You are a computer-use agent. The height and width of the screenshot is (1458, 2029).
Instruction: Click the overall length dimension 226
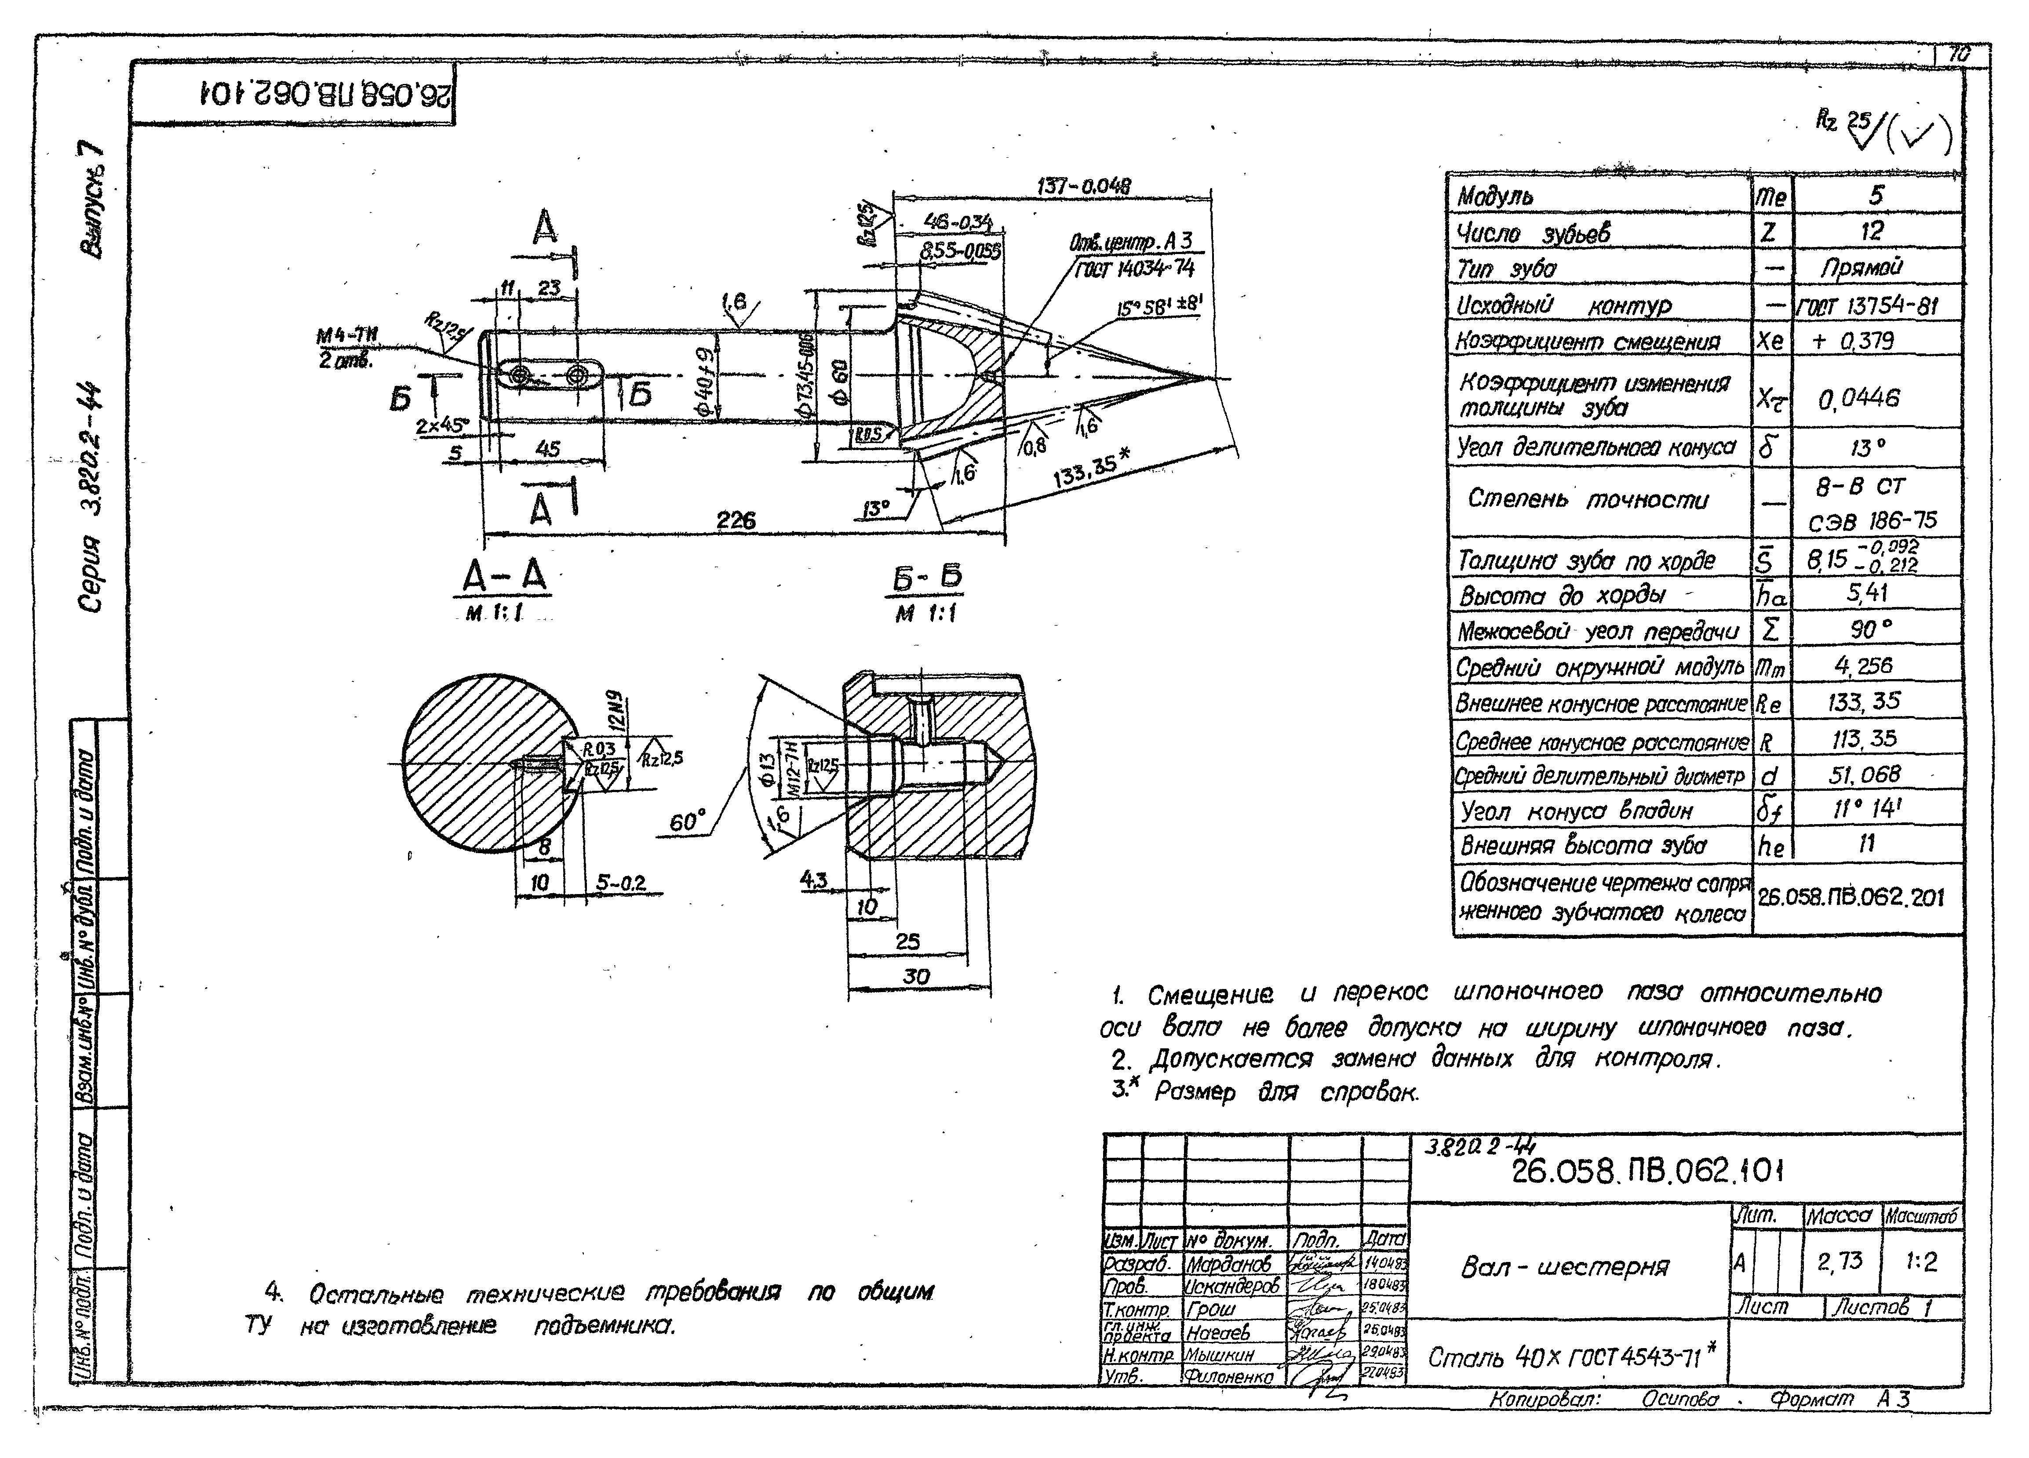[736, 520]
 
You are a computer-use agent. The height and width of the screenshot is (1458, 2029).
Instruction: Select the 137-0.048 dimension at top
[1083, 186]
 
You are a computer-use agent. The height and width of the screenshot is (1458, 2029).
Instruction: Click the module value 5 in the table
[1876, 195]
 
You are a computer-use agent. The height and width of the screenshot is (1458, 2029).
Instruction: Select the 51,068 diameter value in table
[1864, 774]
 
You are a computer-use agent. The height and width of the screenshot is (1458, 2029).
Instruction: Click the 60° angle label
[687, 820]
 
